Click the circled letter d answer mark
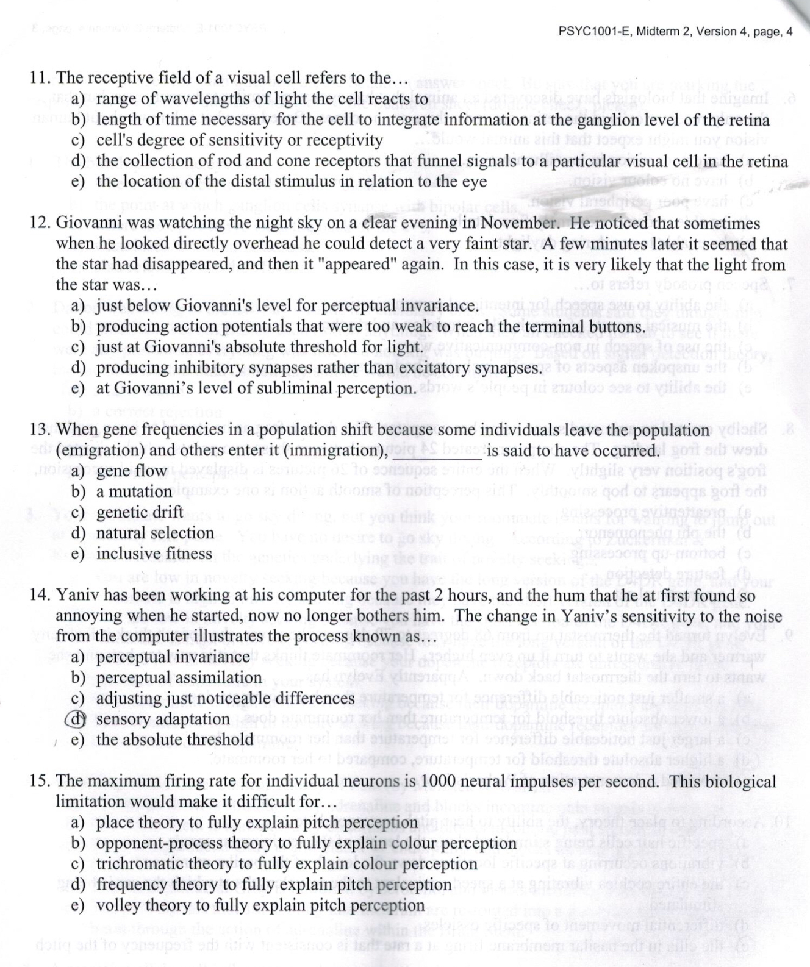point(76,719)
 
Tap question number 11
point(40,78)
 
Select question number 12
point(40,223)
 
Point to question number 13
point(40,430)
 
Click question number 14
point(40,595)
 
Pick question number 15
point(40,782)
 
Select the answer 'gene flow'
point(131,471)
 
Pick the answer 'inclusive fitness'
point(154,554)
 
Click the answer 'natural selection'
point(155,533)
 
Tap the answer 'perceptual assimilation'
point(179,678)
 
